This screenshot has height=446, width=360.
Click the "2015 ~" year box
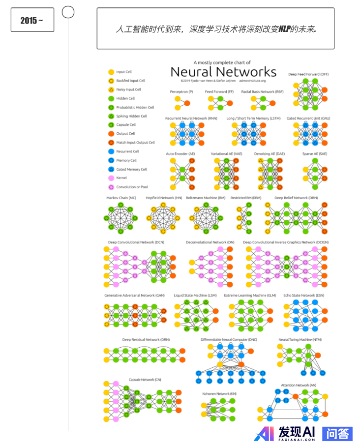coord(32,20)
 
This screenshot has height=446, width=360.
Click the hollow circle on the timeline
coord(68,12)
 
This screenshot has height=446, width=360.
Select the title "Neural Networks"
coord(223,72)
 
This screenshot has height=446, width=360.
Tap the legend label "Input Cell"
coord(123,72)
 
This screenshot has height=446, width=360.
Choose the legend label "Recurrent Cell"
coord(127,151)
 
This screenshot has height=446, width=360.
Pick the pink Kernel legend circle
coord(111,178)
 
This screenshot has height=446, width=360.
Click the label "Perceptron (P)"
coord(181,91)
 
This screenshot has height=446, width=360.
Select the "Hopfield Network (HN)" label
coord(164,198)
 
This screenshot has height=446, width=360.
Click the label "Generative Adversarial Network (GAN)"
coord(134,296)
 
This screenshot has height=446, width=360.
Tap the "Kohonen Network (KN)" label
coord(219,393)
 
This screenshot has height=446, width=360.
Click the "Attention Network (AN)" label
coord(299,385)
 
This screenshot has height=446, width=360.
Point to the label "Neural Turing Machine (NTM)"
coord(300,339)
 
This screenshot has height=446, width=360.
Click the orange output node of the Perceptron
coord(187,103)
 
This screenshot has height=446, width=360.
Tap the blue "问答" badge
coord(337,433)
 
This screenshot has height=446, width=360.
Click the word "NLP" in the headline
coord(284,30)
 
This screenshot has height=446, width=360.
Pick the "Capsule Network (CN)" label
coord(145,380)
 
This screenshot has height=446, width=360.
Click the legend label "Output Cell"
coord(125,134)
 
